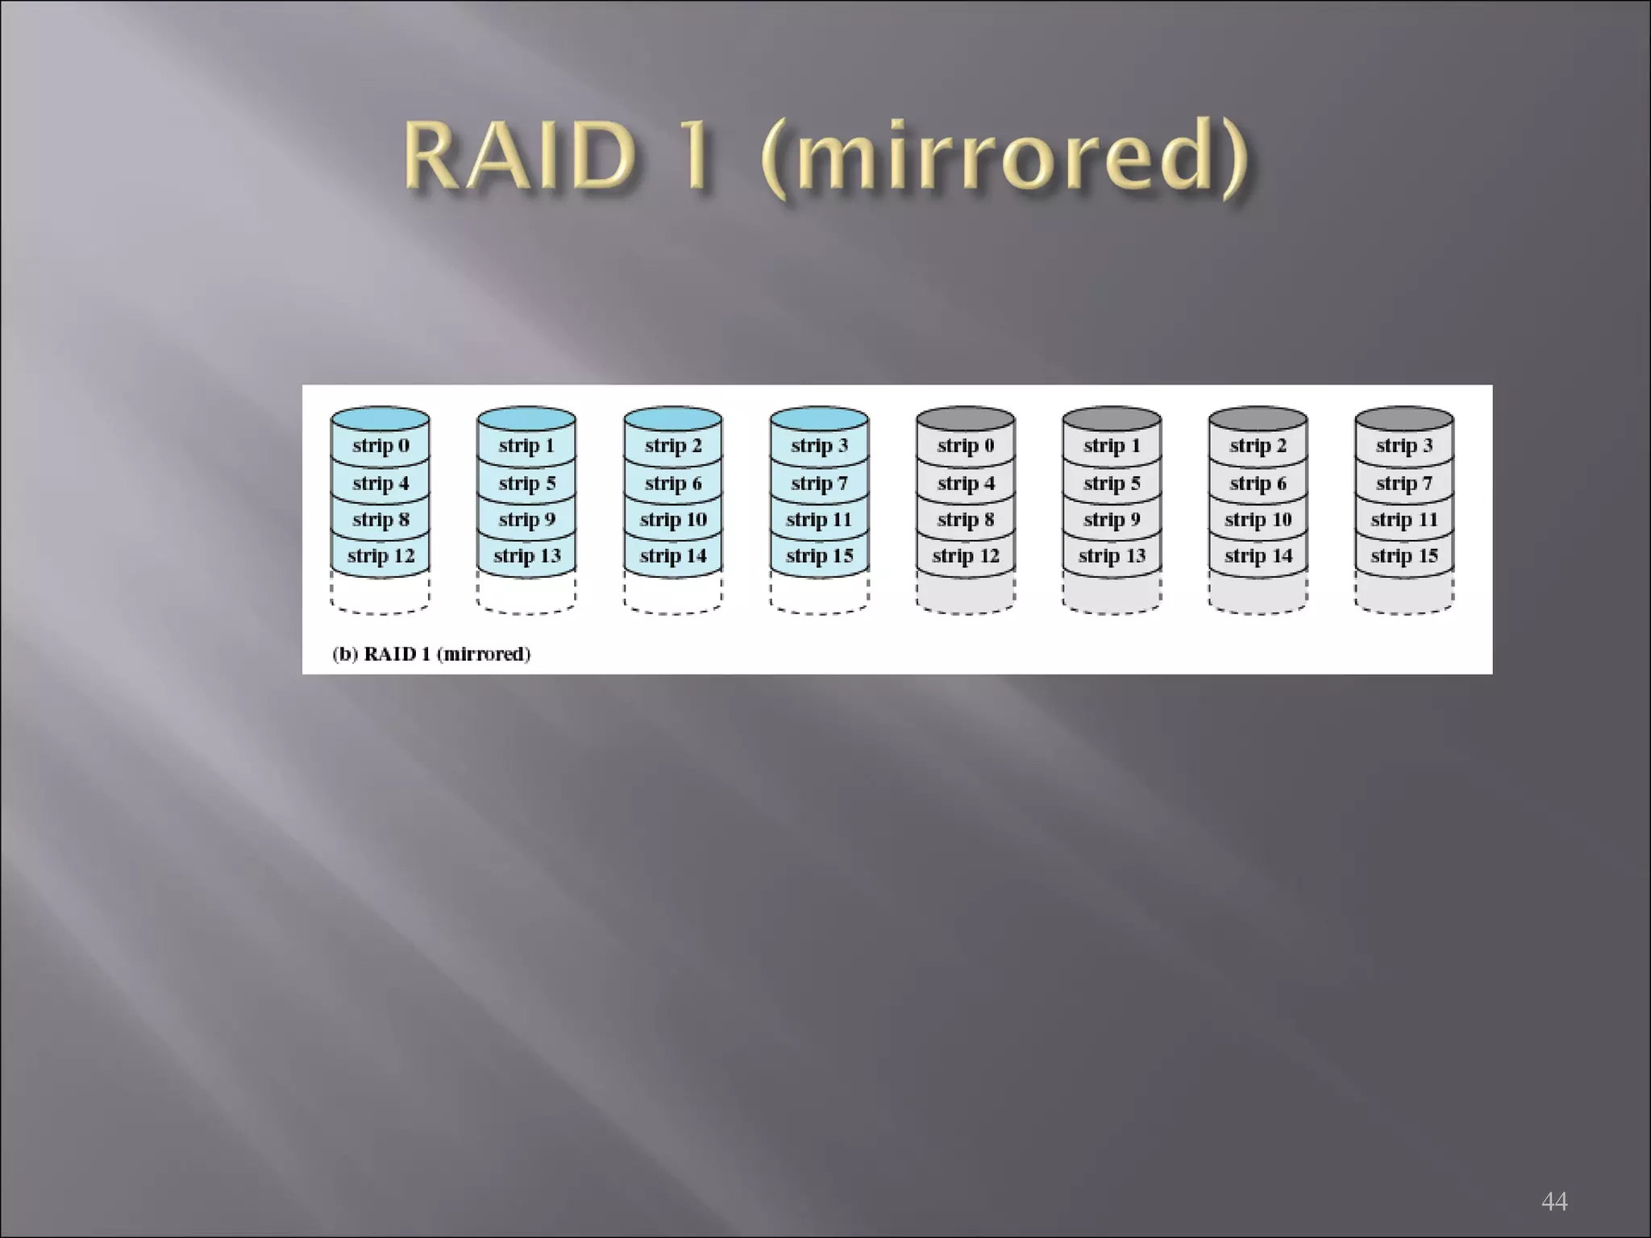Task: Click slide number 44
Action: [1553, 1201]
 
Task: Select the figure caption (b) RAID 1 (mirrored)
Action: [431, 654]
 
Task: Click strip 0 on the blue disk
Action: [381, 446]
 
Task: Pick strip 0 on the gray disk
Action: [966, 446]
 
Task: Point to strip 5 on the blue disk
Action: [526, 483]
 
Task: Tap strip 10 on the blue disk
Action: [673, 520]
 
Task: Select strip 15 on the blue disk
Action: [819, 556]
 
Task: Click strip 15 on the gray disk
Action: [1404, 556]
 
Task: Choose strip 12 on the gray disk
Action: [966, 556]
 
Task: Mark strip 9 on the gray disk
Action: [1112, 520]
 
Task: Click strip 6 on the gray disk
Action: [1258, 483]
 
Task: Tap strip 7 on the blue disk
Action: [819, 483]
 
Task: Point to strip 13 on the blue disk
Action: [526, 556]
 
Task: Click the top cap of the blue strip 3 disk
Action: [819, 418]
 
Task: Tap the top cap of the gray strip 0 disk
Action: [966, 418]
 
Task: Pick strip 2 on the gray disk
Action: [1258, 446]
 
